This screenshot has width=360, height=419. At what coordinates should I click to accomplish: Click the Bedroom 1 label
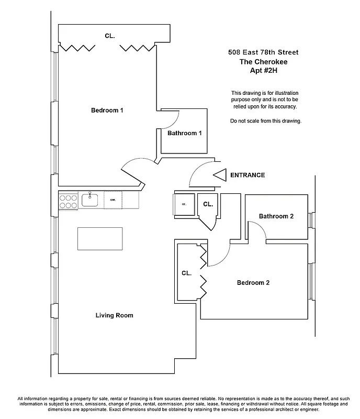point(107,110)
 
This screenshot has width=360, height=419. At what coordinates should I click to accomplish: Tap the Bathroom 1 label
point(184,133)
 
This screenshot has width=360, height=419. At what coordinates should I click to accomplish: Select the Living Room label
point(114,315)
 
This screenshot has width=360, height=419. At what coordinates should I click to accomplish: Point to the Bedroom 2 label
point(253,283)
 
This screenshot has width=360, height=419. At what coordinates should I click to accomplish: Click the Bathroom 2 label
point(276,216)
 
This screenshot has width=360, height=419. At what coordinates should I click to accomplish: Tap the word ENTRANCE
point(248,175)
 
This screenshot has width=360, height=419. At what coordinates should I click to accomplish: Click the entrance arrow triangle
point(219,175)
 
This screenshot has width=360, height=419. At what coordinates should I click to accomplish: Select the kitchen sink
point(91,200)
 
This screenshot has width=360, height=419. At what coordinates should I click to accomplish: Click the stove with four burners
point(68,201)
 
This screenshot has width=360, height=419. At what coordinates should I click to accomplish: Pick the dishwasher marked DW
point(113,200)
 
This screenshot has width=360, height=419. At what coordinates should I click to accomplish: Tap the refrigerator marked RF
point(184,204)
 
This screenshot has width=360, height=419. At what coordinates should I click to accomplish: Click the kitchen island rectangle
point(100,239)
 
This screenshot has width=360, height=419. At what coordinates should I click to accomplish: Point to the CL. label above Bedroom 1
point(109,36)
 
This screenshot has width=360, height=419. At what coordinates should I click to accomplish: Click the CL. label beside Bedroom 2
point(187,273)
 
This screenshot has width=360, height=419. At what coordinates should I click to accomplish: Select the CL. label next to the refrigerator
point(207,204)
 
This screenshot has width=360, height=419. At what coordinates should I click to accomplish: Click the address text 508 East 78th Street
point(263,52)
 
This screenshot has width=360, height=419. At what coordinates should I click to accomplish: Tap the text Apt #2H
point(263,70)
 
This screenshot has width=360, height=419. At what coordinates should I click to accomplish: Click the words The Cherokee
point(263,61)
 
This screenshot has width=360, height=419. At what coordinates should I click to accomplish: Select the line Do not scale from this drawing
point(266,121)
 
